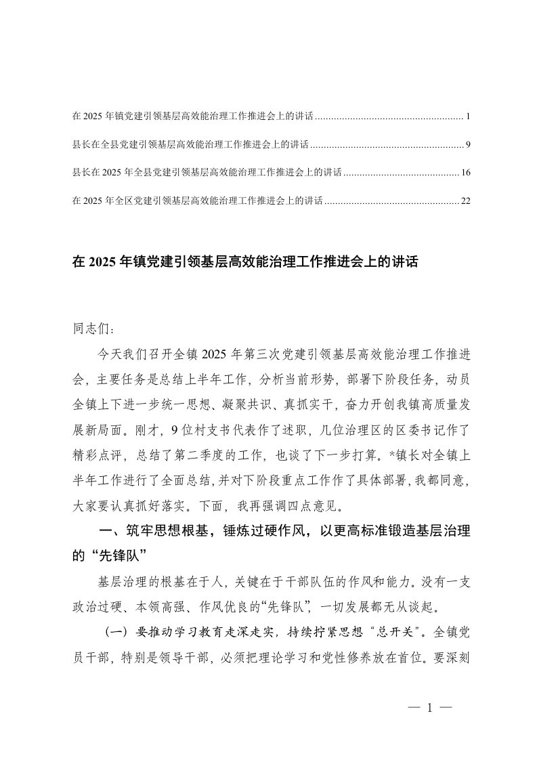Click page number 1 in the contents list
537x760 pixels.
468,117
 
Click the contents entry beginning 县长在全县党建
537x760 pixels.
190,144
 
